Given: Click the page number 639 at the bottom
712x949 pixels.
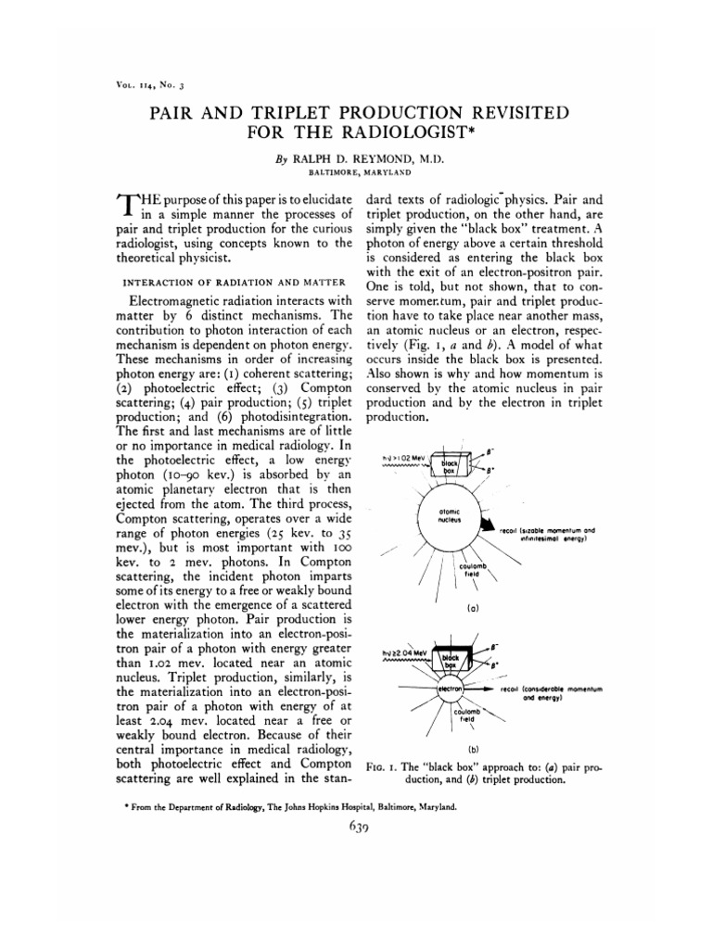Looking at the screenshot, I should pyautogui.click(x=356, y=829).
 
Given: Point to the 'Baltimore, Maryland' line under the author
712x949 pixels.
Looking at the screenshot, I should pyautogui.click(x=355, y=171).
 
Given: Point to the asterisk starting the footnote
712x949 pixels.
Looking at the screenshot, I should pyautogui.click(x=126, y=807).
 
